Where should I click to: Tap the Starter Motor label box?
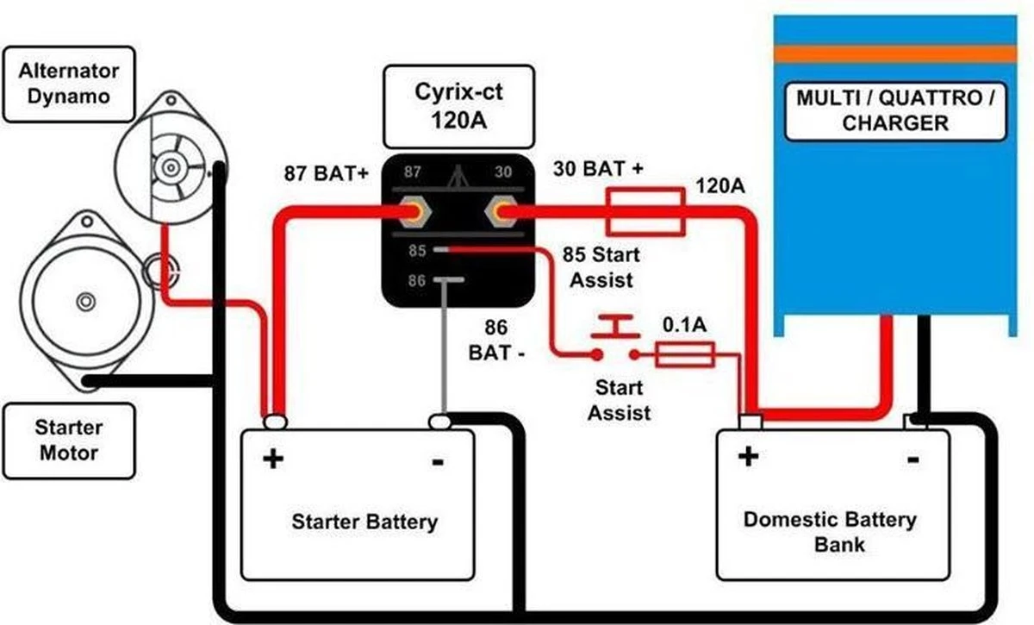(68, 440)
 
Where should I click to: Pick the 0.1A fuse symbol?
(685, 353)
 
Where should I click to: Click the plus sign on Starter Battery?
(272, 459)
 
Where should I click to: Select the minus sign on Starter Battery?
(438, 462)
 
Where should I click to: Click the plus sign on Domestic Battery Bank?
(748, 455)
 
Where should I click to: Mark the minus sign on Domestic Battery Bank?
(913, 459)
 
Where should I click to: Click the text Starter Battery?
(364, 522)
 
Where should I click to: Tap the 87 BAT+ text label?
(327, 173)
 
